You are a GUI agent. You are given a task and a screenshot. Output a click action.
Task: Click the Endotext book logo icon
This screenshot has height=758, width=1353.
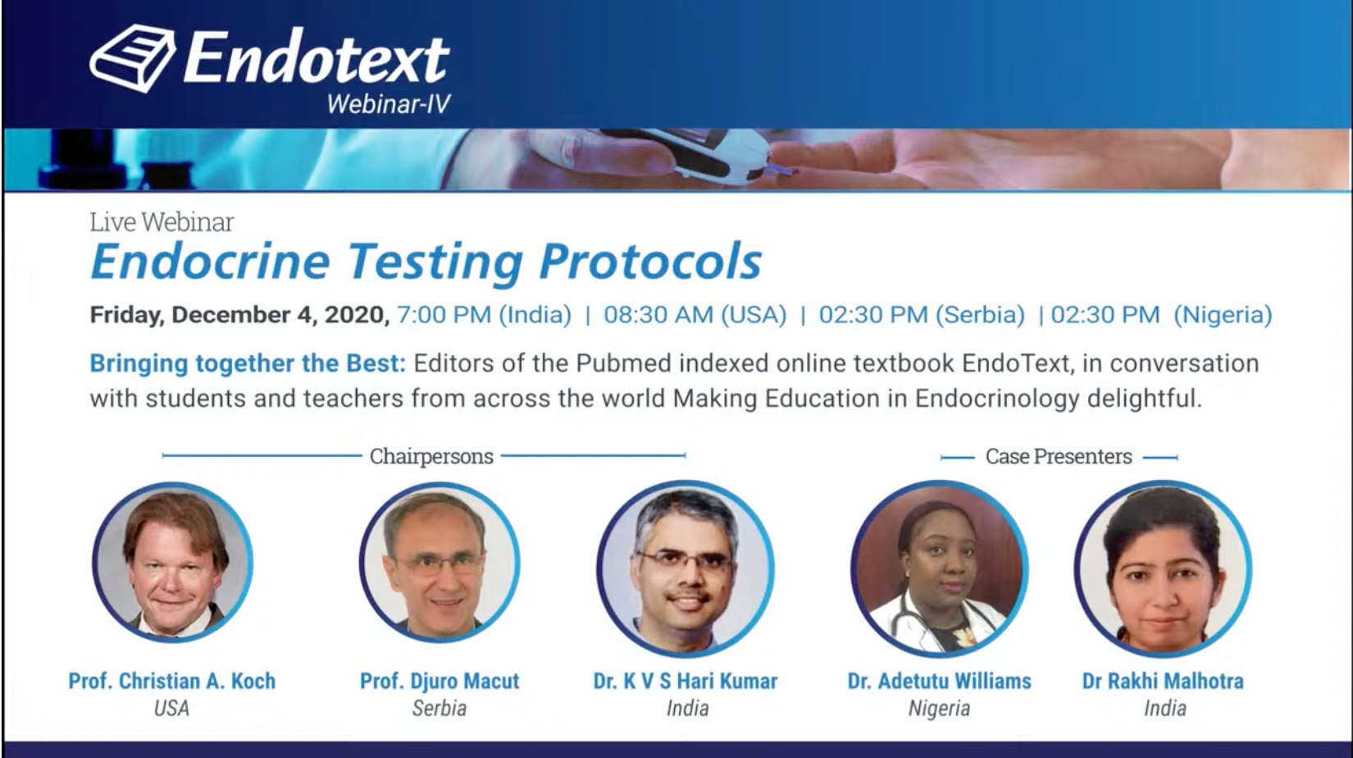(x=133, y=58)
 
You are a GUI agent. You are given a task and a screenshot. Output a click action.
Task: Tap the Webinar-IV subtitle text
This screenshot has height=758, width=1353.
(x=389, y=104)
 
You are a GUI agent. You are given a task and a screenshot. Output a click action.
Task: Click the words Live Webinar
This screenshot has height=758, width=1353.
(x=162, y=222)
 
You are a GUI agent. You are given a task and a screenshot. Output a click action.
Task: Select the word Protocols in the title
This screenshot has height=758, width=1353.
(x=650, y=262)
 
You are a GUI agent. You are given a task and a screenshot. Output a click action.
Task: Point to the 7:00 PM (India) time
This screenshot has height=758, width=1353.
(x=484, y=315)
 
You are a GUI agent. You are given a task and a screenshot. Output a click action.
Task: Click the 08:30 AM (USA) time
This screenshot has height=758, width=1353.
(x=695, y=315)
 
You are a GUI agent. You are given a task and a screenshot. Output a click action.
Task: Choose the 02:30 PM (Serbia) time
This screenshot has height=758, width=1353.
(x=922, y=315)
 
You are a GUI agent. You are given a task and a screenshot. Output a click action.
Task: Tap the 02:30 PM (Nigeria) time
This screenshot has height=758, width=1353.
(x=1161, y=315)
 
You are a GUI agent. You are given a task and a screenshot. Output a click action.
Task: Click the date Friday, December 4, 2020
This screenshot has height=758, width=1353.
(x=239, y=315)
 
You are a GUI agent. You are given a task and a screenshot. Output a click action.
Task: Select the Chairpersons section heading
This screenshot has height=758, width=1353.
(x=431, y=456)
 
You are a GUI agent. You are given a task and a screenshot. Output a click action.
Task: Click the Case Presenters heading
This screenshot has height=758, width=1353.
(x=1059, y=456)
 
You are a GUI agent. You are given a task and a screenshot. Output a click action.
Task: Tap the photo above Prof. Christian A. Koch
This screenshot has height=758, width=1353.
(x=173, y=562)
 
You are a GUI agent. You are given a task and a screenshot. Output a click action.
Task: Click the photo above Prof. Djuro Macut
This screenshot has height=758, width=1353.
(x=440, y=562)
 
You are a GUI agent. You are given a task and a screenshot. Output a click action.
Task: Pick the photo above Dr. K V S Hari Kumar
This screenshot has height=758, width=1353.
(x=686, y=568)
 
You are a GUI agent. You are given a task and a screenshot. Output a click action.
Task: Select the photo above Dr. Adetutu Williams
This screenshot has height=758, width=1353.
(x=939, y=568)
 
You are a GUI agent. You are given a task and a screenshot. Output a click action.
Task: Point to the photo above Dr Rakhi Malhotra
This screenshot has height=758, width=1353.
(x=1163, y=568)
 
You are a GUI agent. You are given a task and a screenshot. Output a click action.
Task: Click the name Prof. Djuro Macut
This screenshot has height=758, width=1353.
(x=440, y=681)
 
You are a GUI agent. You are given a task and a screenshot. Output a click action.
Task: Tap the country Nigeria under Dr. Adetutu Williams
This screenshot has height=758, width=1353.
(x=939, y=708)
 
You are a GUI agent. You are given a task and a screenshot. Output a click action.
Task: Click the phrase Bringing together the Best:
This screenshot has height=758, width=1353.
(x=248, y=364)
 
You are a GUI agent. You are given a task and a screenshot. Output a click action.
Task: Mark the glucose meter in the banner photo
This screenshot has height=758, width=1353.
(x=700, y=156)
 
